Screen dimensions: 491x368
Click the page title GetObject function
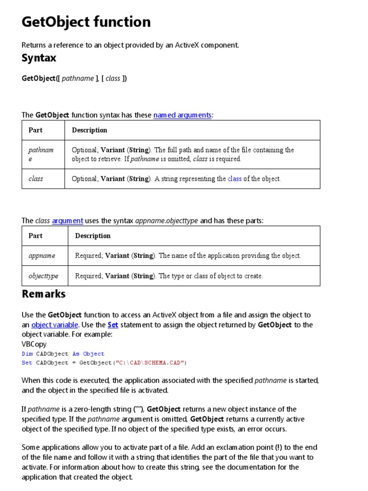tap(86, 22)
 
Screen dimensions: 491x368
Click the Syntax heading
tap(39, 58)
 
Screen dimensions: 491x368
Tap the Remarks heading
tap(44, 293)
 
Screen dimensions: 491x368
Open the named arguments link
tap(182, 115)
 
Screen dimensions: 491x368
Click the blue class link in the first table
tap(234, 179)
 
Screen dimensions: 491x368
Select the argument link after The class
tap(68, 221)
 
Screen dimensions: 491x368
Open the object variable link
tap(55, 325)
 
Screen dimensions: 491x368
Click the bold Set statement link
tap(113, 325)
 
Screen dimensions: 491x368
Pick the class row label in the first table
tap(35, 179)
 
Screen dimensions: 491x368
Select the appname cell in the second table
tap(42, 256)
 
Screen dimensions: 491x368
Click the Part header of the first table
tap(35, 130)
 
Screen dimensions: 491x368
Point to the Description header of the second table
tap(92, 235)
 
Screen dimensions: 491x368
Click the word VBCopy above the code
tap(34, 344)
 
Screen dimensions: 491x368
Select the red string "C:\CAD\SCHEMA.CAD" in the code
tap(150, 362)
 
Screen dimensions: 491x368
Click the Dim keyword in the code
tap(27, 354)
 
